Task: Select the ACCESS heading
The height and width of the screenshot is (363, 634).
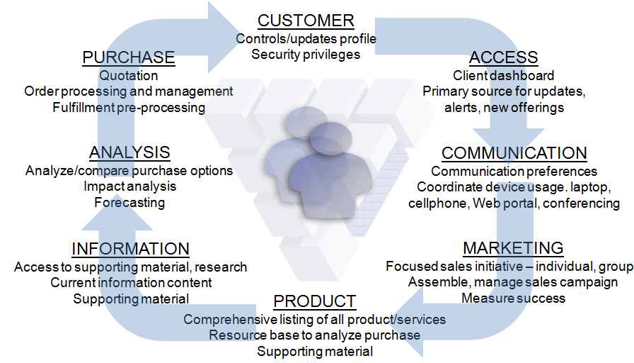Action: coord(503,57)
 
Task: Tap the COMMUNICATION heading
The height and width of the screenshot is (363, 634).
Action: coord(514,152)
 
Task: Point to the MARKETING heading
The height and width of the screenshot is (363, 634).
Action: coord(513,247)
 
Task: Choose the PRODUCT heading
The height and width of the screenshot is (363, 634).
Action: coord(314,301)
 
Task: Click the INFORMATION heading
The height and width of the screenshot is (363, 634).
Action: coord(130,249)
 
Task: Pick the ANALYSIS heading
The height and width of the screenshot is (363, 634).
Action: coord(129,152)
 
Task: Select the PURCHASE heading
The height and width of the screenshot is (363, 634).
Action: coord(129,57)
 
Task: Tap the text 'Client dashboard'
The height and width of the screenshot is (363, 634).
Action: coord(503,75)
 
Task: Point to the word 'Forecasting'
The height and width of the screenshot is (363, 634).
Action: coord(129,203)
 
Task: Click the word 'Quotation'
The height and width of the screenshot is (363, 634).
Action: coord(129,75)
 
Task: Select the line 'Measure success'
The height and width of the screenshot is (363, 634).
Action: coord(513,298)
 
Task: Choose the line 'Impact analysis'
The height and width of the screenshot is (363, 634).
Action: coord(129,186)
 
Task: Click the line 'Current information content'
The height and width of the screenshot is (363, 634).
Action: coord(130,282)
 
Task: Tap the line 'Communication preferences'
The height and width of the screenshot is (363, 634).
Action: coord(514,171)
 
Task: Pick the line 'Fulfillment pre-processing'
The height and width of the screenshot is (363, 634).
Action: coord(129,108)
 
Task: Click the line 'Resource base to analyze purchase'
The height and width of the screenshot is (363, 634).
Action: coord(314,335)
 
